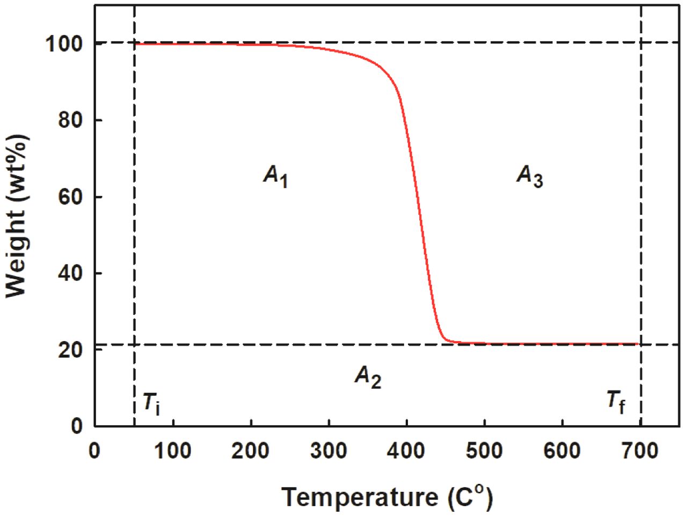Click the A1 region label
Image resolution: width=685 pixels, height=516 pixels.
(276, 176)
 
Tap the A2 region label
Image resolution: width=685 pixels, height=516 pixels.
(368, 377)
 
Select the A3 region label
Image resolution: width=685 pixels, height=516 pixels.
(530, 176)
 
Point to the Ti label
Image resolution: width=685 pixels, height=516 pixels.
(151, 403)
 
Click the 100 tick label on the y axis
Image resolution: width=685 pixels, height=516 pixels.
(64, 43)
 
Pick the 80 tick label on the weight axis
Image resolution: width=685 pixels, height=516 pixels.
(70, 120)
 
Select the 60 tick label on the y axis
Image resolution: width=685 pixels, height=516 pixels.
(70, 197)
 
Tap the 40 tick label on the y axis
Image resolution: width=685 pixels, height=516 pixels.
(70, 274)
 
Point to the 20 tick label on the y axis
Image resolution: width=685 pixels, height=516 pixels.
(70, 350)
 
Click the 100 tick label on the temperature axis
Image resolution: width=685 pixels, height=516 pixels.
(173, 451)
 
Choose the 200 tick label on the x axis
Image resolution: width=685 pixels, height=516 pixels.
(251, 451)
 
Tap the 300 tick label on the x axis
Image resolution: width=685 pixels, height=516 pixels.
(329, 451)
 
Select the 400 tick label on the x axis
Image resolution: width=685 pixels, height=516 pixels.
(406, 451)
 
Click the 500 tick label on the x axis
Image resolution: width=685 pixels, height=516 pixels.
(484, 451)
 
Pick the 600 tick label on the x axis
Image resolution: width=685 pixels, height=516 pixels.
(562, 451)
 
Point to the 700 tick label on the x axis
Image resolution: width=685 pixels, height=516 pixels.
(640, 451)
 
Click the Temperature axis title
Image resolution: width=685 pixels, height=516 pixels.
(387, 497)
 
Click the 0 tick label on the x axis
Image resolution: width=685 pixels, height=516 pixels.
(94, 451)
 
